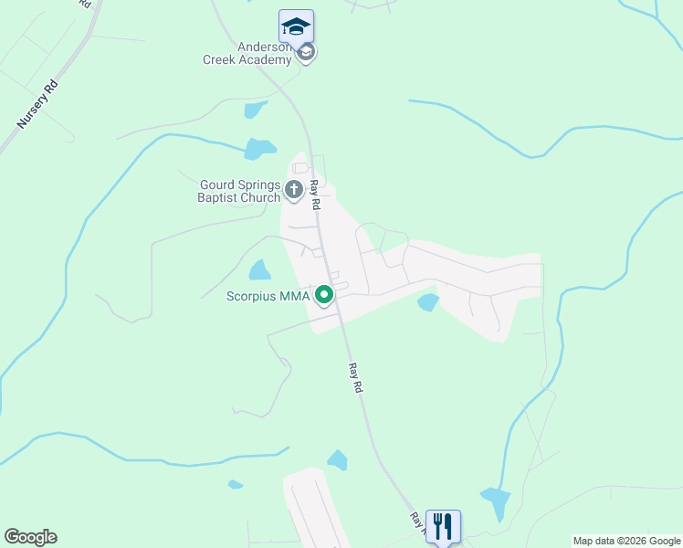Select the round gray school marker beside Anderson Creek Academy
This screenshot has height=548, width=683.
click(x=307, y=53)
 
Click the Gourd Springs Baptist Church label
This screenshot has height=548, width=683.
click(x=241, y=190)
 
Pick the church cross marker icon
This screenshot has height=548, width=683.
click(x=294, y=190)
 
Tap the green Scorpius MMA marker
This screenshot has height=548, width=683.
click(x=323, y=296)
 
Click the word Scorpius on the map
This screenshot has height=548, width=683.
click(x=255, y=296)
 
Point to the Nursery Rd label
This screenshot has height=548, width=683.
click(x=37, y=105)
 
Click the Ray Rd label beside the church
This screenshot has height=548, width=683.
click(x=314, y=195)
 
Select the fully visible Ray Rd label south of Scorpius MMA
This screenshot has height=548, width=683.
click(x=355, y=378)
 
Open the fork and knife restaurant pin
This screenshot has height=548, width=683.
click(x=442, y=525)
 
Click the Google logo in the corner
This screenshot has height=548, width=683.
click(x=30, y=537)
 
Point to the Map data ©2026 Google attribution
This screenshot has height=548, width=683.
click(x=626, y=541)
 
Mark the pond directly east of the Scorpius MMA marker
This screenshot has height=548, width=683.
click(x=427, y=302)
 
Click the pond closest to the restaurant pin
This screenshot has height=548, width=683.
click(x=496, y=501)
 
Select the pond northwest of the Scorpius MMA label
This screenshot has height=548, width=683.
click(x=259, y=270)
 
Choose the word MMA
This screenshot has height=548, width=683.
click(x=297, y=296)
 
